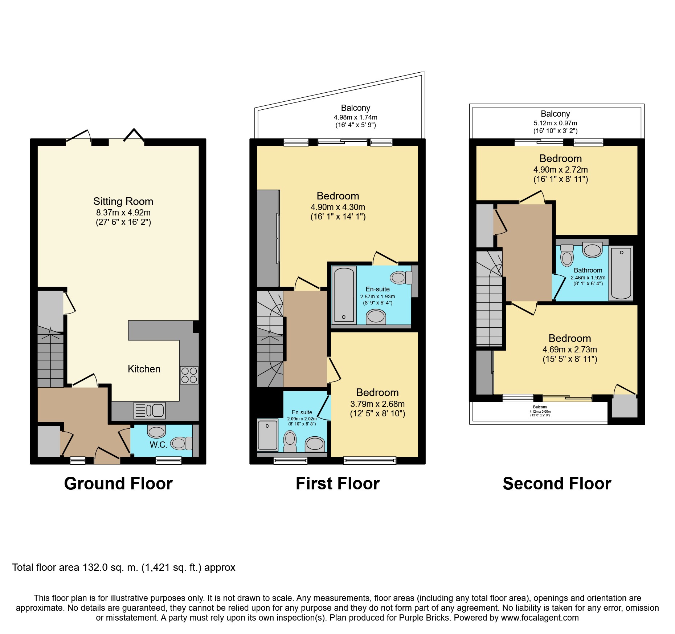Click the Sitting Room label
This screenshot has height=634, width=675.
[x=123, y=201]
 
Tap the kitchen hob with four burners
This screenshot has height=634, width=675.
[x=189, y=375]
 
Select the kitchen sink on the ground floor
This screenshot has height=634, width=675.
[x=150, y=411]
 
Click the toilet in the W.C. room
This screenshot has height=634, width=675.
[x=181, y=443]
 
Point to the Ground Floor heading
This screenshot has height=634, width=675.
[x=118, y=484]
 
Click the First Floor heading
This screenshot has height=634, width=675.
[x=337, y=484]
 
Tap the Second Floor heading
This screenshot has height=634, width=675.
[x=557, y=484]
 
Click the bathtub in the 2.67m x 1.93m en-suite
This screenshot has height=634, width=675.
[x=344, y=294]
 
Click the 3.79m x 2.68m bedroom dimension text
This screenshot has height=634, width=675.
[x=377, y=404]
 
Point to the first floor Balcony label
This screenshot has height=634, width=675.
[x=355, y=108]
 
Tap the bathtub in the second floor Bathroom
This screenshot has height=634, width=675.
[x=621, y=273]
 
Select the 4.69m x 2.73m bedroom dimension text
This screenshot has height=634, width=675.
[x=569, y=350]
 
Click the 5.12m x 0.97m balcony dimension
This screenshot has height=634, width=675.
[x=555, y=123]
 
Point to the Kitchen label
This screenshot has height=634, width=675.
[x=144, y=369]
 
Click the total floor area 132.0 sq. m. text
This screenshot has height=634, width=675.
[x=123, y=568]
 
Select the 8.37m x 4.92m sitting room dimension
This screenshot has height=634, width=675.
[x=123, y=213]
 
